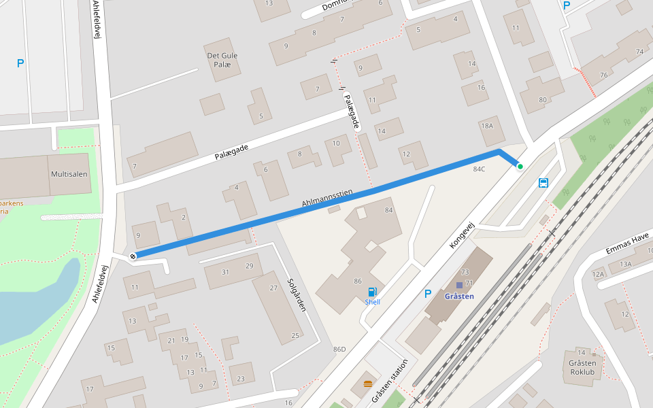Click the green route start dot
pos(520,166)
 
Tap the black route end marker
pos(133,256)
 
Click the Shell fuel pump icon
pos(372,292)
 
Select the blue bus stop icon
pos(543,182)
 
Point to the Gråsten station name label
pos(458,296)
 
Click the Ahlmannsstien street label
pos(327,199)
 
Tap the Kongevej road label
pos(461,234)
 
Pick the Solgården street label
pos(297,294)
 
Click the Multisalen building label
pos(69,174)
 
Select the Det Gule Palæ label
pos(222,60)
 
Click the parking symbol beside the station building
pos(428,294)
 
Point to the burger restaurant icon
pos(368,384)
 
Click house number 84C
pos(479,169)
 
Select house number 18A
pos(486,126)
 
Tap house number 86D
pos(339,350)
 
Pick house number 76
pos(603,75)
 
